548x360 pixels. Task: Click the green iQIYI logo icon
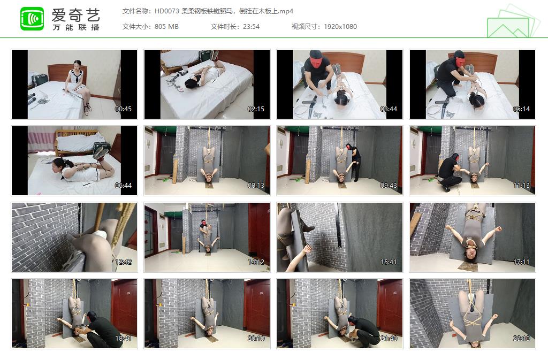(x=32, y=19)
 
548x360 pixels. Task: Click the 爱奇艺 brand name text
(x=75, y=14)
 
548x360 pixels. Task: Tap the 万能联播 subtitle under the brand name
(x=75, y=27)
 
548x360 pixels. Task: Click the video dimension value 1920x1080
(x=340, y=27)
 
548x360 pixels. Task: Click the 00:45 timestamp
(x=123, y=109)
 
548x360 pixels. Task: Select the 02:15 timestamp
(x=256, y=109)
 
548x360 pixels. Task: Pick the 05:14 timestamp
(x=521, y=109)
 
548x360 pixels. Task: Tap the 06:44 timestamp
(x=123, y=186)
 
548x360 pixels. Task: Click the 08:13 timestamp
(x=256, y=186)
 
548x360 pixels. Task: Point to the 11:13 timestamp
(x=521, y=186)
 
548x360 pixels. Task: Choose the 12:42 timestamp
(x=123, y=262)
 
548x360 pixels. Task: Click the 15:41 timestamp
(x=389, y=262)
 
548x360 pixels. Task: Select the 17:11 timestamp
(x=521, y=262)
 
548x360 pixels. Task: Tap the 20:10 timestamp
(x=256, y=339)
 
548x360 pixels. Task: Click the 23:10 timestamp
(x=521, y=339)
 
